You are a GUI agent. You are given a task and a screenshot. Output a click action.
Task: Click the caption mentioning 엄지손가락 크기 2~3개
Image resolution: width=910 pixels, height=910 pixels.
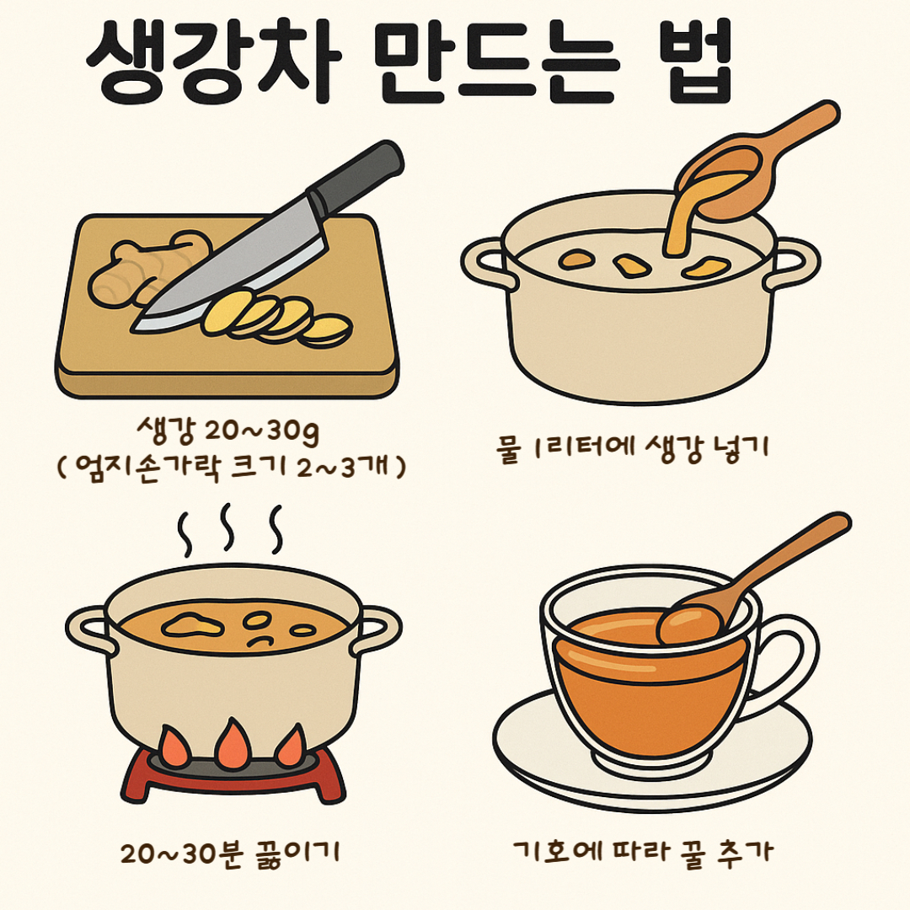tap(228, 466)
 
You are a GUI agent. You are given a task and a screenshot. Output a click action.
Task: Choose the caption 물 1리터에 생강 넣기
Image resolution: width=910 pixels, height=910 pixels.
tap(634, 447)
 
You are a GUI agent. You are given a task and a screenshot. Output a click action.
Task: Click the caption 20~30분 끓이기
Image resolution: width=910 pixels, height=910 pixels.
tap(228, 852)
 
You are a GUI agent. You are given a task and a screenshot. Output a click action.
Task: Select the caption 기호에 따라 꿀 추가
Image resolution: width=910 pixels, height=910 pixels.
tap(642, 852)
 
